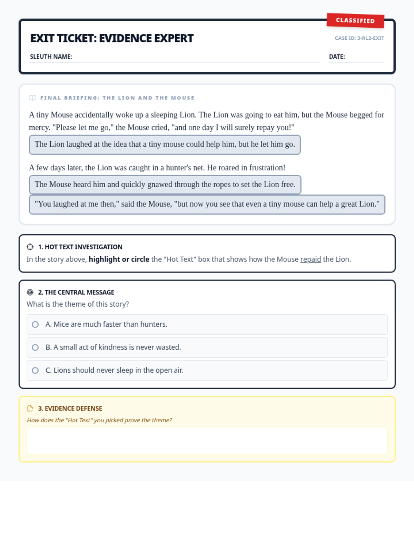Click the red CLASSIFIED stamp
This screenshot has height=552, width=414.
355,20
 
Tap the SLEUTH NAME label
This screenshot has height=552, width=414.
51,57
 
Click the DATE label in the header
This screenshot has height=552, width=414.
337,57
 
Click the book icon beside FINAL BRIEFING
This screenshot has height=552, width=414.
32,98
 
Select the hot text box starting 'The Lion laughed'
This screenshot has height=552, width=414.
165,145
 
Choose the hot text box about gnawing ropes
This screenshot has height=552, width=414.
165,185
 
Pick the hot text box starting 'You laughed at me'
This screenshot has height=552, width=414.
207,204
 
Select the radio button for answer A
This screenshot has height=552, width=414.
35,324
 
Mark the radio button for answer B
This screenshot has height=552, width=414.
35,347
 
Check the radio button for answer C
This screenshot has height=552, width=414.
35,370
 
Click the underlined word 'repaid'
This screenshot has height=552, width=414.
310,259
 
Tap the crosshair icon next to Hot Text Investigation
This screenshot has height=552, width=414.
30,247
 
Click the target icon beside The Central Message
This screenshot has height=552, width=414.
30,292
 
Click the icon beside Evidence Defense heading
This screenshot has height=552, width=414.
30,408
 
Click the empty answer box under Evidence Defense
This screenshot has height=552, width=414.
207,441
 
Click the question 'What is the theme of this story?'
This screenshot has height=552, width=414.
78,304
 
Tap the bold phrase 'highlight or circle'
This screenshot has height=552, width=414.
119,259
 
